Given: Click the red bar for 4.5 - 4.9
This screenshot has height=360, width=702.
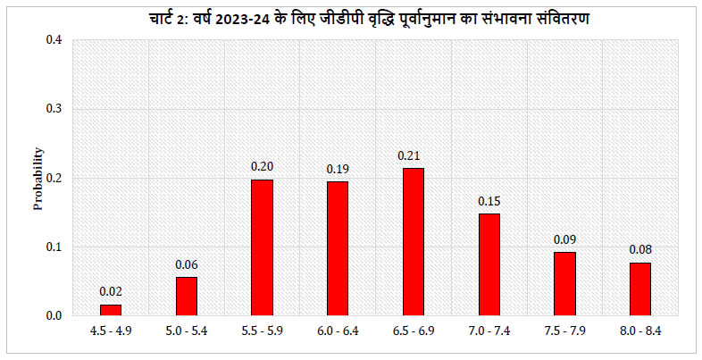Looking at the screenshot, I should tap(111, 310).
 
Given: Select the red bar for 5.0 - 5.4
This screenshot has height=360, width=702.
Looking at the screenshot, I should tap(186, 297).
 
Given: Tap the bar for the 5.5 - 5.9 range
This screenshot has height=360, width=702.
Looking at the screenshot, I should tap(262, 247).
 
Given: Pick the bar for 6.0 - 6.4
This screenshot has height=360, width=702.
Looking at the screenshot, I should tap(338, 248).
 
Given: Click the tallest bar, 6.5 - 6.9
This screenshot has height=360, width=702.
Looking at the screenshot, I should tap(413, 242).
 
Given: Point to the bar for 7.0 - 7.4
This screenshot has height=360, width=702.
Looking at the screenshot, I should tap(489, 264).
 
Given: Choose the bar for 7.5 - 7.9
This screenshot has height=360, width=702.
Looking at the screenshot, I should tap(564, 284).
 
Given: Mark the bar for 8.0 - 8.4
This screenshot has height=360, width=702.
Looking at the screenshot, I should tap(639, 289).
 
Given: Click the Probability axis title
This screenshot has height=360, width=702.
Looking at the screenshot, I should tap(38, 178).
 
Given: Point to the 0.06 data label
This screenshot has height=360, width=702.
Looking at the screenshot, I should tap(186, 265).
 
